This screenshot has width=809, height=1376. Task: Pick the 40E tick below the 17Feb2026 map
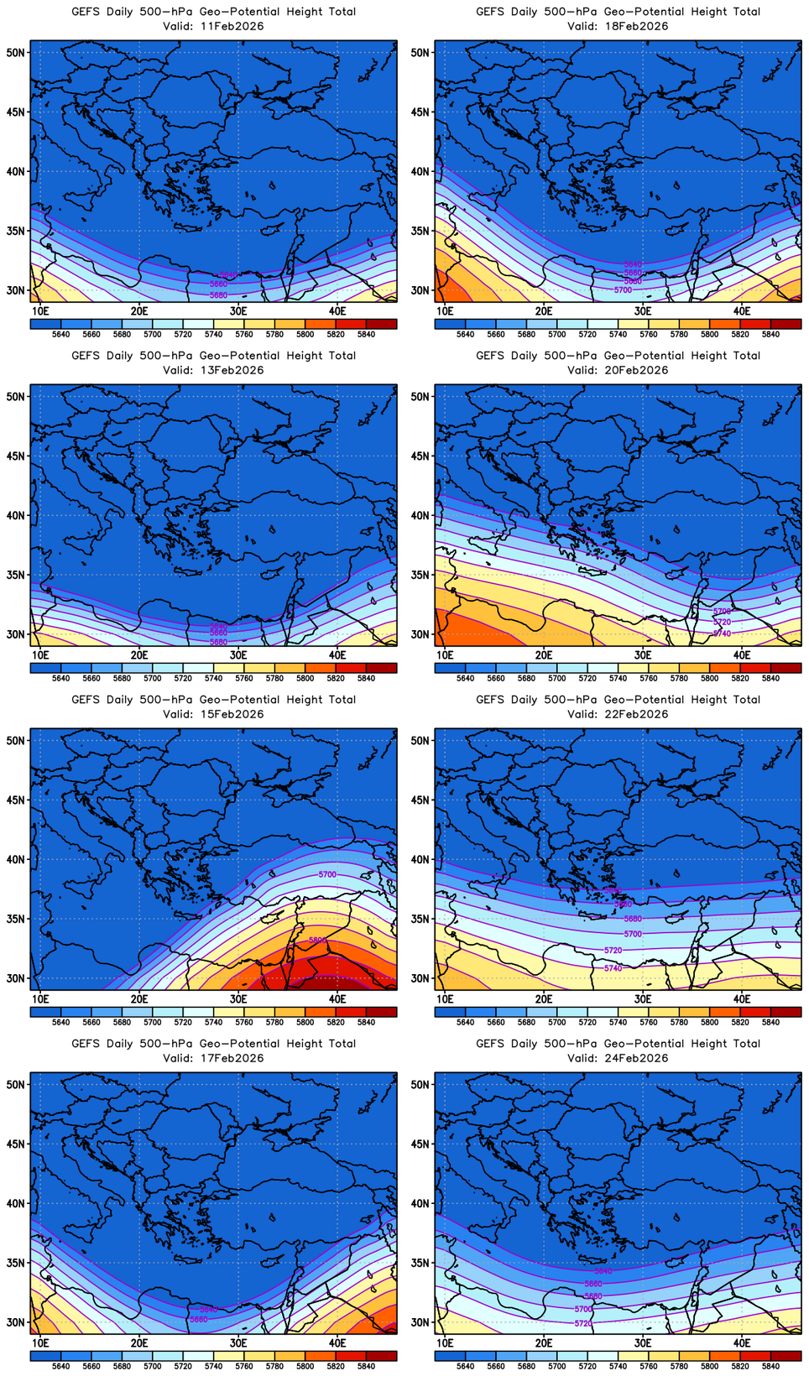(337, 1343)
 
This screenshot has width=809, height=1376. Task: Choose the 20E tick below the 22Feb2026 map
(544, 999)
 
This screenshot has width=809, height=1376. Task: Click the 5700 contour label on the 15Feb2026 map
(327, 874)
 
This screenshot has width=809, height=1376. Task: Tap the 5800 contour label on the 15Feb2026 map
(317, 941)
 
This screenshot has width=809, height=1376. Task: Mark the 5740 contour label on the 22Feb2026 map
(613, 968)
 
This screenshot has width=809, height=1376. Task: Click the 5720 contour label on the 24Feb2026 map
(583, 1323)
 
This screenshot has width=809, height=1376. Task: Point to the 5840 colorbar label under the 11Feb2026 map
(366, 334)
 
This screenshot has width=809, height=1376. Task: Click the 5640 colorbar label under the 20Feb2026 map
(465, 678)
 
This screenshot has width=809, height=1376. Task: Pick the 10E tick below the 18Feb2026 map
(445, 311)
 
